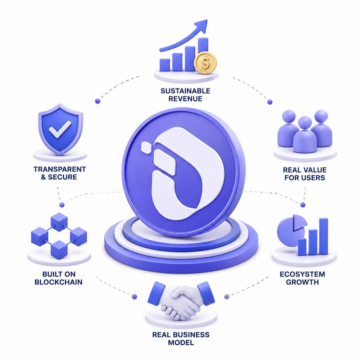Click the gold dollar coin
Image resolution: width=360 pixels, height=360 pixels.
tap(205, 63)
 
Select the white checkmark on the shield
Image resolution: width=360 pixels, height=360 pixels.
tap(60, 129)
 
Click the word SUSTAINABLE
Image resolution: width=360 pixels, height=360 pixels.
tap(185, 91)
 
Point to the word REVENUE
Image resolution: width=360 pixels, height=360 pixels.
tap(185, 99)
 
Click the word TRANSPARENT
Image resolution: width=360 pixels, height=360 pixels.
tap(60, 169)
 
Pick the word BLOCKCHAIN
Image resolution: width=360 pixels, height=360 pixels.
tap(58, 282)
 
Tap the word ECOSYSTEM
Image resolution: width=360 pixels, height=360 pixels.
tap(302, 274)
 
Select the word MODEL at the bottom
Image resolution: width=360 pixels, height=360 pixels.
tap(181, 343)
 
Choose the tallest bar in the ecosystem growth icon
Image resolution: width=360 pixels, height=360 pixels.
tap(324, 236)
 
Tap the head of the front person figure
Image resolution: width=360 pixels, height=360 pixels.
tap(305, 123)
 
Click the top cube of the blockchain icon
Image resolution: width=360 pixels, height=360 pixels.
tap(59, 222)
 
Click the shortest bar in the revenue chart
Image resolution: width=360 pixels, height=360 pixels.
tap(165, 65)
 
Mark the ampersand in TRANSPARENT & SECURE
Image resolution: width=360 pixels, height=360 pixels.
tap(43, 177)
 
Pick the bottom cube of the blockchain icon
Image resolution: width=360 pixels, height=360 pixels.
tap(59, 250)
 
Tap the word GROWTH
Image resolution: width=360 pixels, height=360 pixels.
tap(302, 282)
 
